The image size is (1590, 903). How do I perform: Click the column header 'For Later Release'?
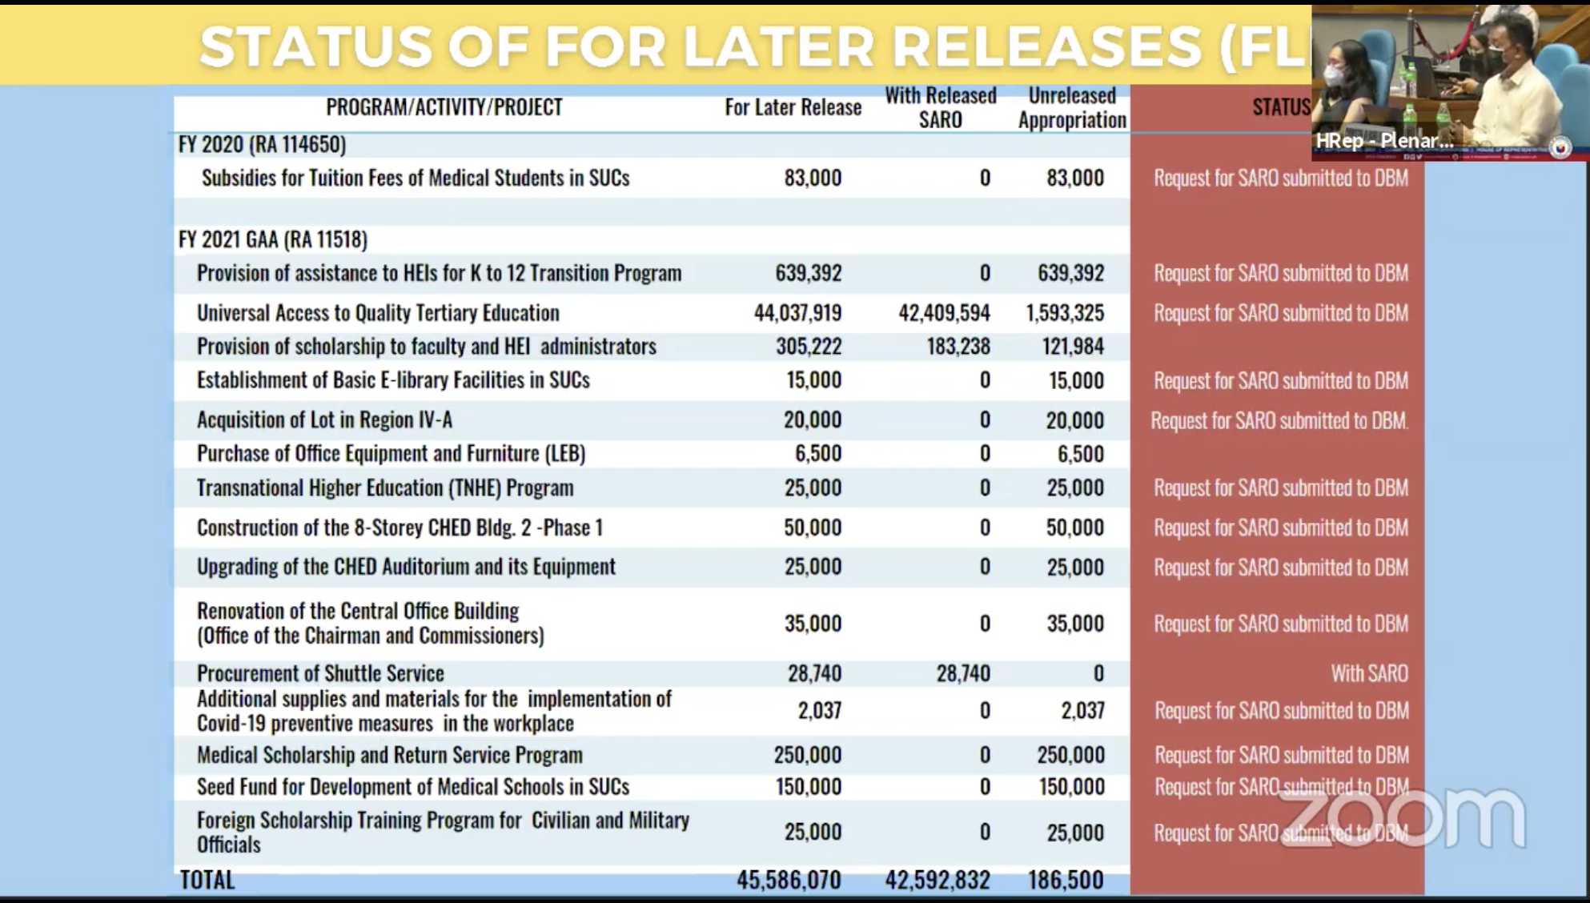pyautogui.click(x=793, y=107)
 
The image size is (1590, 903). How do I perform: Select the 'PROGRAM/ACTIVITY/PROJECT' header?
pyautogui.click(x=444, y=107)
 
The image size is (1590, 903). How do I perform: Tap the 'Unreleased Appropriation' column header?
pyautogui.click(x=1072, y=107)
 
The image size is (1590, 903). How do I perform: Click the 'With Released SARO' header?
pyautogui.click(x=940, y=107)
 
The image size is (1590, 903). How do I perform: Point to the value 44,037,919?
pyautogui.click(x=797, y=313)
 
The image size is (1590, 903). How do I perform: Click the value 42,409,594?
pyautogui.click(x=944, y=313)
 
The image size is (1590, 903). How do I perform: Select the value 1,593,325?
pyautogui.click(x=1065, y=313)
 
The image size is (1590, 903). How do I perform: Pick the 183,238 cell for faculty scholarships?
pyautogui.click(x=958, y=347)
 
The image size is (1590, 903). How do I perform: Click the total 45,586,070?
pyautogui.click(x=789, y=881)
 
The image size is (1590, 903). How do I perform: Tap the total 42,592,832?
pyautogui.click(x=938, y=881)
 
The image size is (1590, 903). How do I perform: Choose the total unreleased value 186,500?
pyautogui.click(x=1066, y=881)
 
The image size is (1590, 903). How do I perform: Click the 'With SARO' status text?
pyautogui.click(x=1369, y=674)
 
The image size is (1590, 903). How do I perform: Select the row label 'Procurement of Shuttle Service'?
pyautogui.click(x=320, y=674)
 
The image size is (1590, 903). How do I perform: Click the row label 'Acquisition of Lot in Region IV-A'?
pyautogui.click(x=324, y=420)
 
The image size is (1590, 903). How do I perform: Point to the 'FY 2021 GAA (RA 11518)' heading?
pyautogui.click(x=273, y=239)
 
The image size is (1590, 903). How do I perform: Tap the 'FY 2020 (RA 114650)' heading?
pyautogui.click(x=262, y=145)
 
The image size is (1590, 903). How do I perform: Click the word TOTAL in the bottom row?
pyautogui.click(x=207, y=881)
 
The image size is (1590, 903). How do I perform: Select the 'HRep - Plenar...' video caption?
pyautogui.click(x=1384, y=141)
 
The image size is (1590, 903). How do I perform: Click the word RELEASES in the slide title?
pyautogui.click(x=1046, y=46)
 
